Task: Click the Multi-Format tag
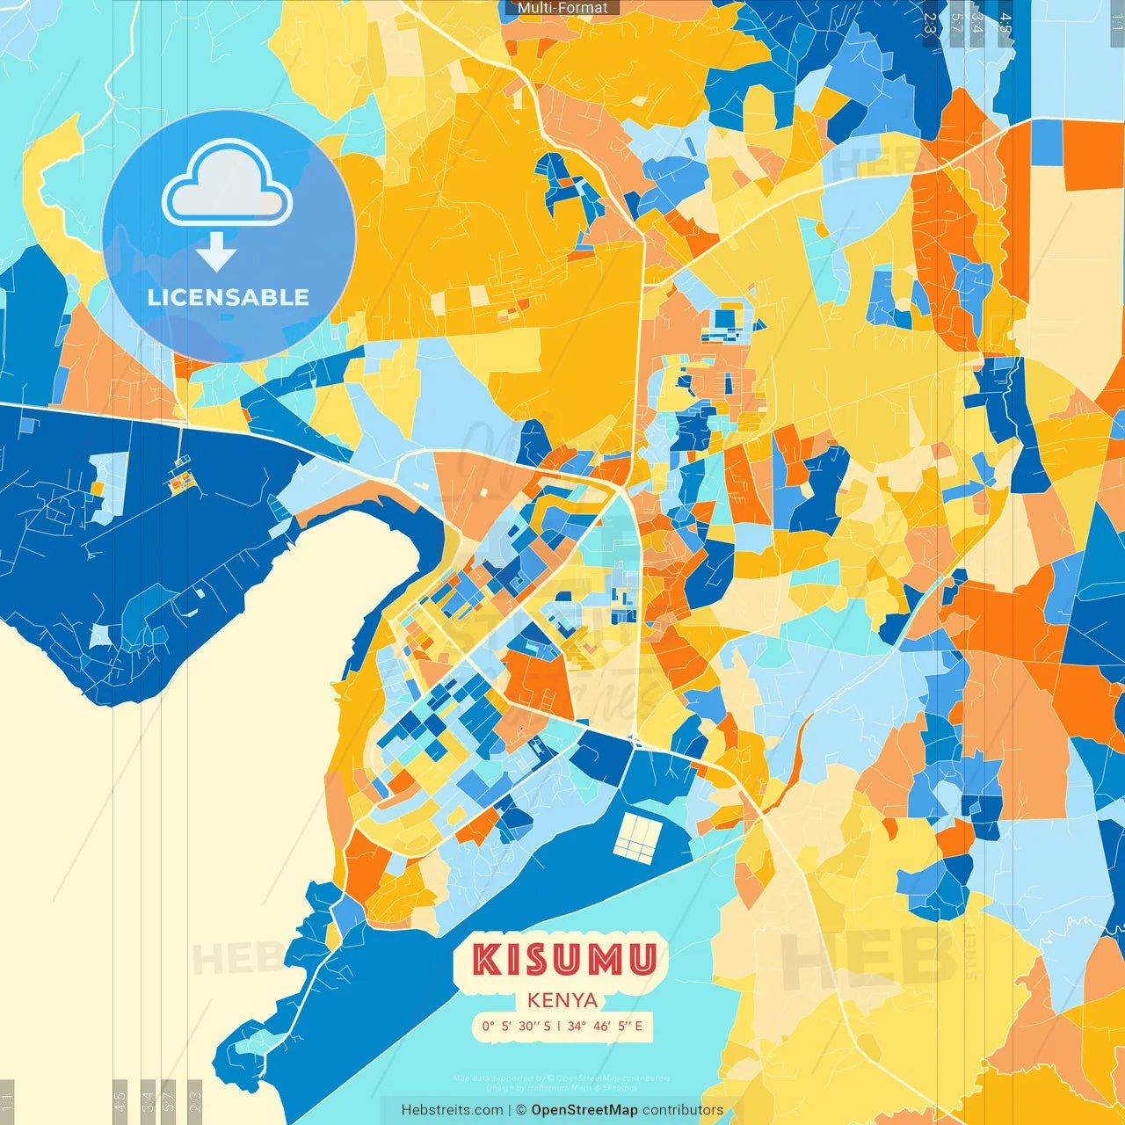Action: (x=562, y=8)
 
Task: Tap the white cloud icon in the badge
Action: (x=227, y=185)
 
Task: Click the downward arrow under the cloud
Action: (x=216, y=252)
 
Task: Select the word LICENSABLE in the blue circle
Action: (x=228, y=297)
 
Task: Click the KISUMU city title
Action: (x=563, y=960)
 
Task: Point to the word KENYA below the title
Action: (x=562, y=1000)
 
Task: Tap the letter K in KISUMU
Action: (x=486, y=960)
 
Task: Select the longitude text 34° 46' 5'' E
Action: (x=605, y=1026)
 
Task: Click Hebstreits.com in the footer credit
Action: (x=452, y=1110)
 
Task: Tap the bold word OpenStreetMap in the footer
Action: (x=584, y=1110)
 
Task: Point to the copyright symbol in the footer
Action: (x=521, y=1110)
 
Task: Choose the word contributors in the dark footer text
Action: (x=683, y=1110)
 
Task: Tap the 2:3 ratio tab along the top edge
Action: (x=929, y=23)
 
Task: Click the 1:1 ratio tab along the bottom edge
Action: (x=7, y=1101)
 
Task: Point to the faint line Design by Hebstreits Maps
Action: (x=562, y=1087)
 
